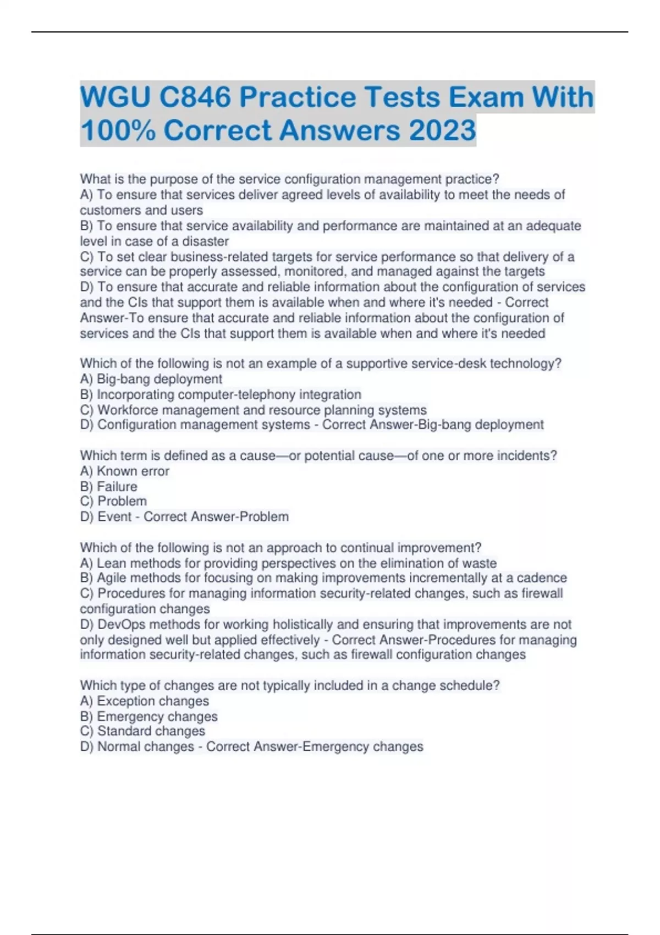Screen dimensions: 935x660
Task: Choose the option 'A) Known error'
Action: (x=125, y=471)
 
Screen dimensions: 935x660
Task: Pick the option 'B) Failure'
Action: (x=109, y=487)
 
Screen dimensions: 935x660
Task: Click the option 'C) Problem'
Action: (x=113, y=501)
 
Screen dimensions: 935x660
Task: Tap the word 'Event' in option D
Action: (x=114, y=517)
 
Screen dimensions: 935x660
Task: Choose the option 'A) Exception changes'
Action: (x=145, y=701)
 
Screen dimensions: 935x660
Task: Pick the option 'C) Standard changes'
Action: (x=142, y=731)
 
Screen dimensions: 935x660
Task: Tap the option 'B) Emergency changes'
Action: (x=149, y=717)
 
